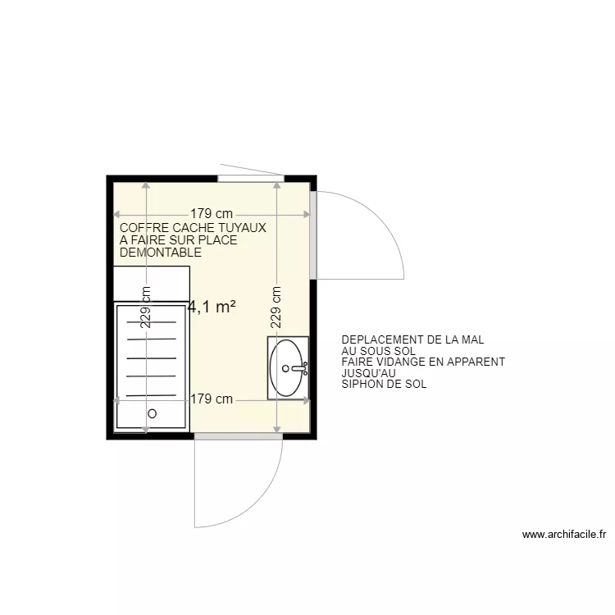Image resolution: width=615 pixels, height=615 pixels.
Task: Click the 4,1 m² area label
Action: [x=212, y=307]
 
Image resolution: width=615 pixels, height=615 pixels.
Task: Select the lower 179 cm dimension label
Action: [x=212, y=400]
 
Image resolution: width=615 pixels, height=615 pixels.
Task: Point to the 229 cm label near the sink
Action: [x=276, y=307]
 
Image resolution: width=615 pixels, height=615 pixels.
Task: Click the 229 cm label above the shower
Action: [x=146, y=307]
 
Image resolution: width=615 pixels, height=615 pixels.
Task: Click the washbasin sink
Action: [x=288, y=367]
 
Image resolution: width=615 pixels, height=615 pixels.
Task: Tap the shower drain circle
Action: [x=151, y=414]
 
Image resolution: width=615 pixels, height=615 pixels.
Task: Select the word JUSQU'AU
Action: [x=363, y=373]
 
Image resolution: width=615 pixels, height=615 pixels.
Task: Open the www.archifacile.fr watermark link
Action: [x=563, y=535]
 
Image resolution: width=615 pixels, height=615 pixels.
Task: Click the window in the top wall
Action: [x=251, y=178]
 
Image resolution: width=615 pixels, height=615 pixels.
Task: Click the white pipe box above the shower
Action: [x=152, y=283]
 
